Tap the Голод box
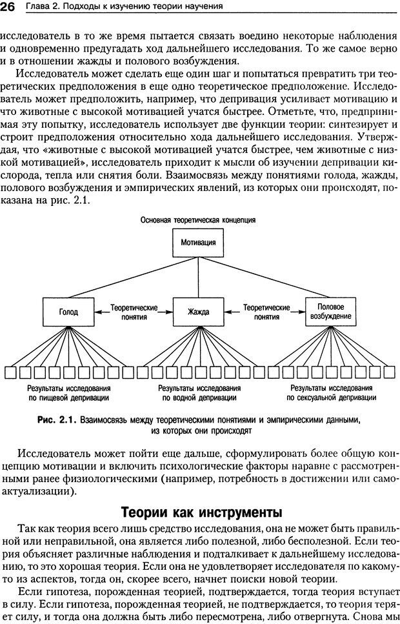coord(68,312)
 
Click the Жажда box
coord(199,312)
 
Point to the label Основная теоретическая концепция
coord(199,219)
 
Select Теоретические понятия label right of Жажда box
coord(265,312)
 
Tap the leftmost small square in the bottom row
coord(10,372)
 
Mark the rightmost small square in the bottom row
coord(390,372)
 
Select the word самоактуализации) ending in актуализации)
coord(39,491)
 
